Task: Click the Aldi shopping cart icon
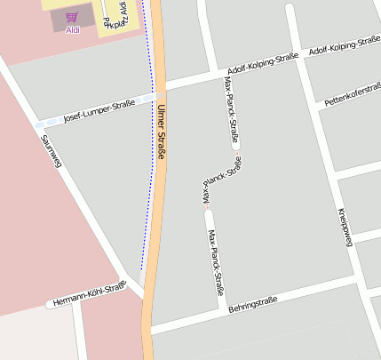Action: pyautogui.click(x=71, y=17)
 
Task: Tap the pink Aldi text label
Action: pyautogui.click(x=72, y=29)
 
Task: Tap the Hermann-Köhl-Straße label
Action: pyautogui.click(x=89, y=294)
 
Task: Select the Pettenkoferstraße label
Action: pyautogui.click(x=353, y=94)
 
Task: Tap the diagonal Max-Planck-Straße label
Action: pyautogui.click(x=222, y=180)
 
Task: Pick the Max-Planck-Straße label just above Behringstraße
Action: pyautogui.click(x=215, y=262)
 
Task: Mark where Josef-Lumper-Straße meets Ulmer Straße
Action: pyautogui.click(x=159, y=92)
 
